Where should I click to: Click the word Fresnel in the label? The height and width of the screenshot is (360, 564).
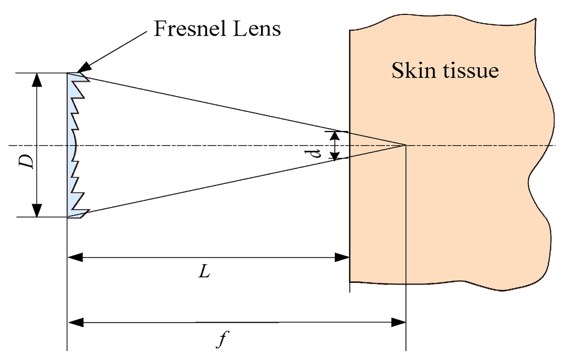click(188, 29)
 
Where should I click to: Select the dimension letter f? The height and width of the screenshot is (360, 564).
click(221, 340)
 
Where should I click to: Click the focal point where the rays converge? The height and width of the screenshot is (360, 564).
click(406, 145)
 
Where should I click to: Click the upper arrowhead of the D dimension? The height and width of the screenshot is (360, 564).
click(36, 80)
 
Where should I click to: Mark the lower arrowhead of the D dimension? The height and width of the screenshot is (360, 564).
click(36, 210)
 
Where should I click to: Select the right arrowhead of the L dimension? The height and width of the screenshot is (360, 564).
click(343, 257)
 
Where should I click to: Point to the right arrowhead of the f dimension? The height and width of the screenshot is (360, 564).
click(399, 322)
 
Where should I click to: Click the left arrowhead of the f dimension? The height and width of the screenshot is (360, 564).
click(74, 322)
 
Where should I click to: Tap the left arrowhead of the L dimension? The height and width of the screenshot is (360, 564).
click(74, 257)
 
